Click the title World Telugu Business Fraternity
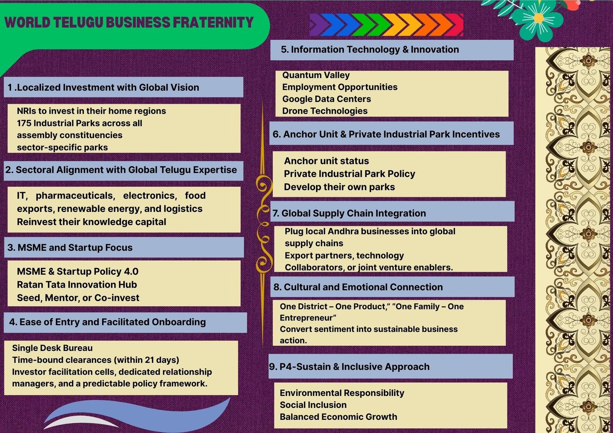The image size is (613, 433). pos(129,23)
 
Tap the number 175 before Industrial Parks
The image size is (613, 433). pos(24,123)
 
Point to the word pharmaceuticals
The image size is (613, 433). pos(75,196)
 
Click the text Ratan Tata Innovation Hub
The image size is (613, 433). pos(77,285)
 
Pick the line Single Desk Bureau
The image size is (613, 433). pos(52,348)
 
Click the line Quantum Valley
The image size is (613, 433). pos(316,75)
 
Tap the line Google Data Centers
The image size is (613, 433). pos(327,99)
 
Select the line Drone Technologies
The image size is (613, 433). pos(325,111)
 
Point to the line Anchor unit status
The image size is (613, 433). pos(327,161)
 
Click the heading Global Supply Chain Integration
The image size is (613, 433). pos(353,214)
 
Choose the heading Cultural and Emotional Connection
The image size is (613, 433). pos(363,287)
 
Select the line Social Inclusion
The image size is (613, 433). pos(313,405)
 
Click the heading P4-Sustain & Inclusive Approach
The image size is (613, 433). pos(354,367)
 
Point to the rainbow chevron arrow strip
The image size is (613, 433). pos(386,24)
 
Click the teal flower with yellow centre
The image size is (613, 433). pos(538,18)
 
